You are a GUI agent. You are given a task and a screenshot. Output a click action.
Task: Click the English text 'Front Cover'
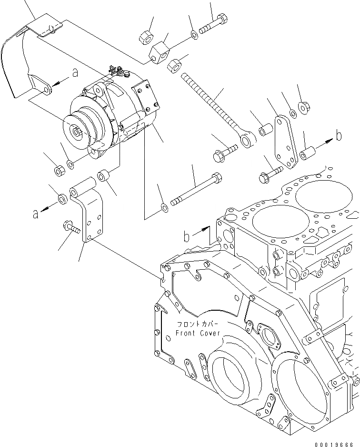coord(198,333)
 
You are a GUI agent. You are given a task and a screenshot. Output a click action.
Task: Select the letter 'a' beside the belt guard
coord(75,72)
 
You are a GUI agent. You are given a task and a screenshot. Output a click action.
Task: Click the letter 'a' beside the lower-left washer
coord(35,214)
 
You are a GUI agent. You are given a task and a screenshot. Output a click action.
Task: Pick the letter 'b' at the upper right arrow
coord(339,136)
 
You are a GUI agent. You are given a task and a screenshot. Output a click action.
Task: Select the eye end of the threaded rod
coord(247,139)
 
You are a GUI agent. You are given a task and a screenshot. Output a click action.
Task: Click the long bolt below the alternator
coord(196,191)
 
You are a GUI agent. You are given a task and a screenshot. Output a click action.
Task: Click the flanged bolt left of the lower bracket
coord(70,227)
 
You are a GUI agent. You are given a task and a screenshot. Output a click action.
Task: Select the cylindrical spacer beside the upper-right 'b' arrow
coord(308,154)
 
